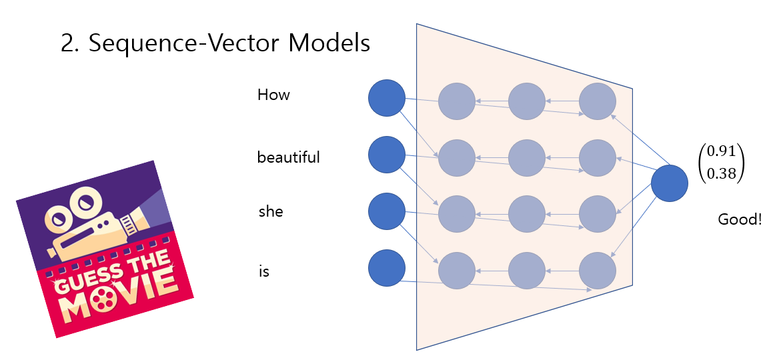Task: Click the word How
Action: (273, 95)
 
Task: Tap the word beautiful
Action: (288, 157)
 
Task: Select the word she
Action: (271, 212)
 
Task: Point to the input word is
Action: (263, 271)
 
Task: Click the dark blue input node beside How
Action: (387, 98)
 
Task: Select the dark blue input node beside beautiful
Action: (387, 154)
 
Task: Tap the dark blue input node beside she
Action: (387, 211)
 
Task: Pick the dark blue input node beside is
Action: (387, 267)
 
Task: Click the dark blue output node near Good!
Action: (669, 183)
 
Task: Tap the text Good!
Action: (740, 219)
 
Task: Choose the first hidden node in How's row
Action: (457, 102)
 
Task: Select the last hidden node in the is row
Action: (597, 271)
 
